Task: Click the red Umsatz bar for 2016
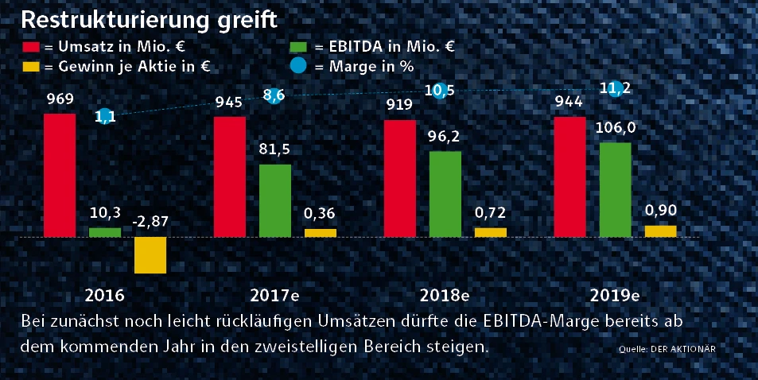click(x=60, y=175)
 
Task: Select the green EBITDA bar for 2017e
click(x=274, y=200)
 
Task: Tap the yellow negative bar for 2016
click(x=150, y=255)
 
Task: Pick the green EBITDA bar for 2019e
click(x=615, y=189)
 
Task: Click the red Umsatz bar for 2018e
click(x=400, y=178)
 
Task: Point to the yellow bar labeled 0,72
click(x=490, y=232)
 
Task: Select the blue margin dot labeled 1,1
click(x=103, y=116)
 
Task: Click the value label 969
click(x=60, y=100)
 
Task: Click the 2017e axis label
click(x=274, y=296)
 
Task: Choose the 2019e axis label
click(x=615, y=296)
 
